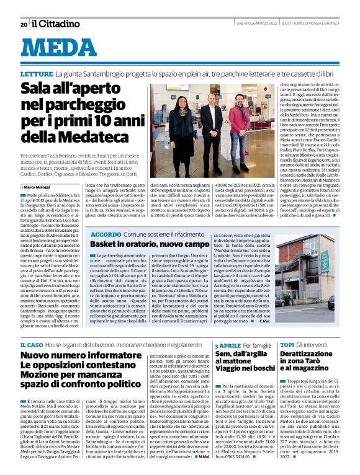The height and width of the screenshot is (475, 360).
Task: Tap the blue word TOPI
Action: (x=287, y=344)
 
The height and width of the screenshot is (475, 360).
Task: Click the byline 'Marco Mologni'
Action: (x=38, y=186)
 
